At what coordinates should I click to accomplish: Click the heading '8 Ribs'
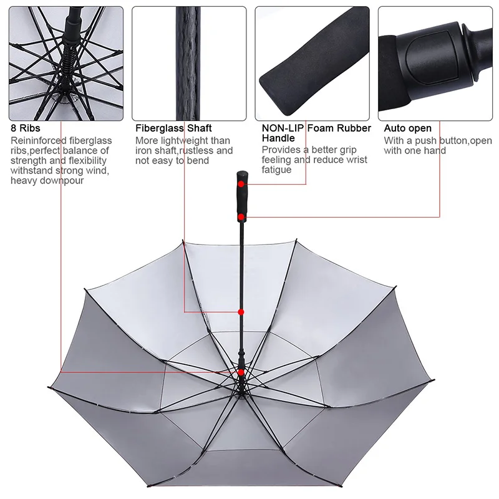click(x=26, y=128)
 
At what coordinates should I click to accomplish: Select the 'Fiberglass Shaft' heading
click(x=173, y=128)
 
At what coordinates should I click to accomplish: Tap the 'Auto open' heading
click(x=407, y=128)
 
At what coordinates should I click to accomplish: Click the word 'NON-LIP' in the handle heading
click(x=283, y=128)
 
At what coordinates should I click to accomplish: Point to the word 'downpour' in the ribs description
click(x=63, y=180)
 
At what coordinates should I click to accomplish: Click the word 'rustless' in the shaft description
click(x=198, y=150)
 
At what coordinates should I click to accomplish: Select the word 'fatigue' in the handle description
click(x=276, y=170)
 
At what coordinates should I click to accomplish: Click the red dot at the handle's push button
click(x=241, y=216)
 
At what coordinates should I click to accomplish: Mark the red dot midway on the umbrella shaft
click(x=241, y=311)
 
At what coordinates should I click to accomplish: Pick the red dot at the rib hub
click(x=241, y=372)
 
